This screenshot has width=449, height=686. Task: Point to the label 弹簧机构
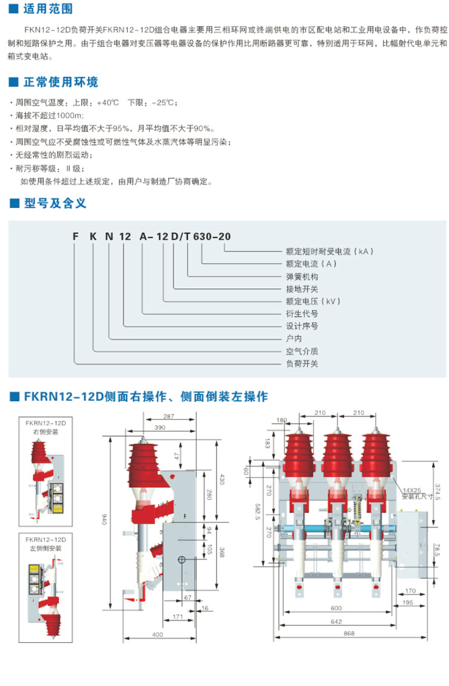302,276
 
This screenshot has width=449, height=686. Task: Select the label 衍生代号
302,313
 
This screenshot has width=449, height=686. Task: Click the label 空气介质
302,351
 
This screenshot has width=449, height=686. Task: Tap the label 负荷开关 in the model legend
302,364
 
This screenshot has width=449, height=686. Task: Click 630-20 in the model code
212,236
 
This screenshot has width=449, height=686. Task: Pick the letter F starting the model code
76,236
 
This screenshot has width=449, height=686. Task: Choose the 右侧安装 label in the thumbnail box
46,431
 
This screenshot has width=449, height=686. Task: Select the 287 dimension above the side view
169,416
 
